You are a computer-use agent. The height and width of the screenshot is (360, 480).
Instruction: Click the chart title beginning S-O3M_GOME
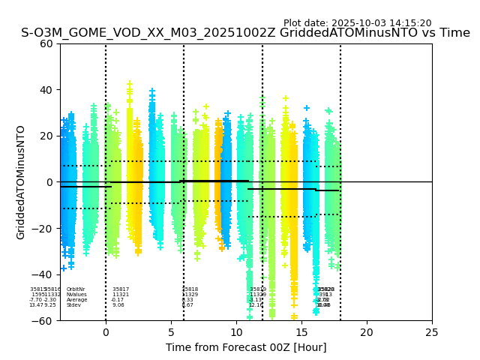click(x=245, y=33)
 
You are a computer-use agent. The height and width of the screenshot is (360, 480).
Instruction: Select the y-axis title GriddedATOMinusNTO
click(x=21, y=182)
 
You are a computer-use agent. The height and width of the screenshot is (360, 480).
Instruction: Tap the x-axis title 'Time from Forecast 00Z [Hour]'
click(x=246, y=347)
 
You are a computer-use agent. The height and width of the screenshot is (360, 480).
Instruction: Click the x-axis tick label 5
click(x=171, y=331)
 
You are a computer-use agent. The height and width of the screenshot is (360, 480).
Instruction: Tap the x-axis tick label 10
click(x=236, y=331)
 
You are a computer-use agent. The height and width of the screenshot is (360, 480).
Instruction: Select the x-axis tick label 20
click(x=367, y=331)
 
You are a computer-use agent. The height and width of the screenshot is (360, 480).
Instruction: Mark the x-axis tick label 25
click(x=432, y=331)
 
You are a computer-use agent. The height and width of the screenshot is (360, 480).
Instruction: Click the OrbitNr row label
click(x=76, y=289)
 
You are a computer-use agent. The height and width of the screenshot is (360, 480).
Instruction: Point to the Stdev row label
click(x=73, y=305)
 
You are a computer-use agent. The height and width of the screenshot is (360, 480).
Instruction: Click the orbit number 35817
click(x=121, y=289)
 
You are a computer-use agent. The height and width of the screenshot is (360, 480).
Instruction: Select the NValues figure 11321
click(x=121, y=295)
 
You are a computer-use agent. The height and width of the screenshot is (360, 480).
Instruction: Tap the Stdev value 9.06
click(x=118, y=305)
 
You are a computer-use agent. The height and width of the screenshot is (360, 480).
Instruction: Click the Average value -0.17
click(x=118, y=300)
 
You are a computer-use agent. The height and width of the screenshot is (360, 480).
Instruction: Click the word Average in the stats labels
click(x=76, y=300)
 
